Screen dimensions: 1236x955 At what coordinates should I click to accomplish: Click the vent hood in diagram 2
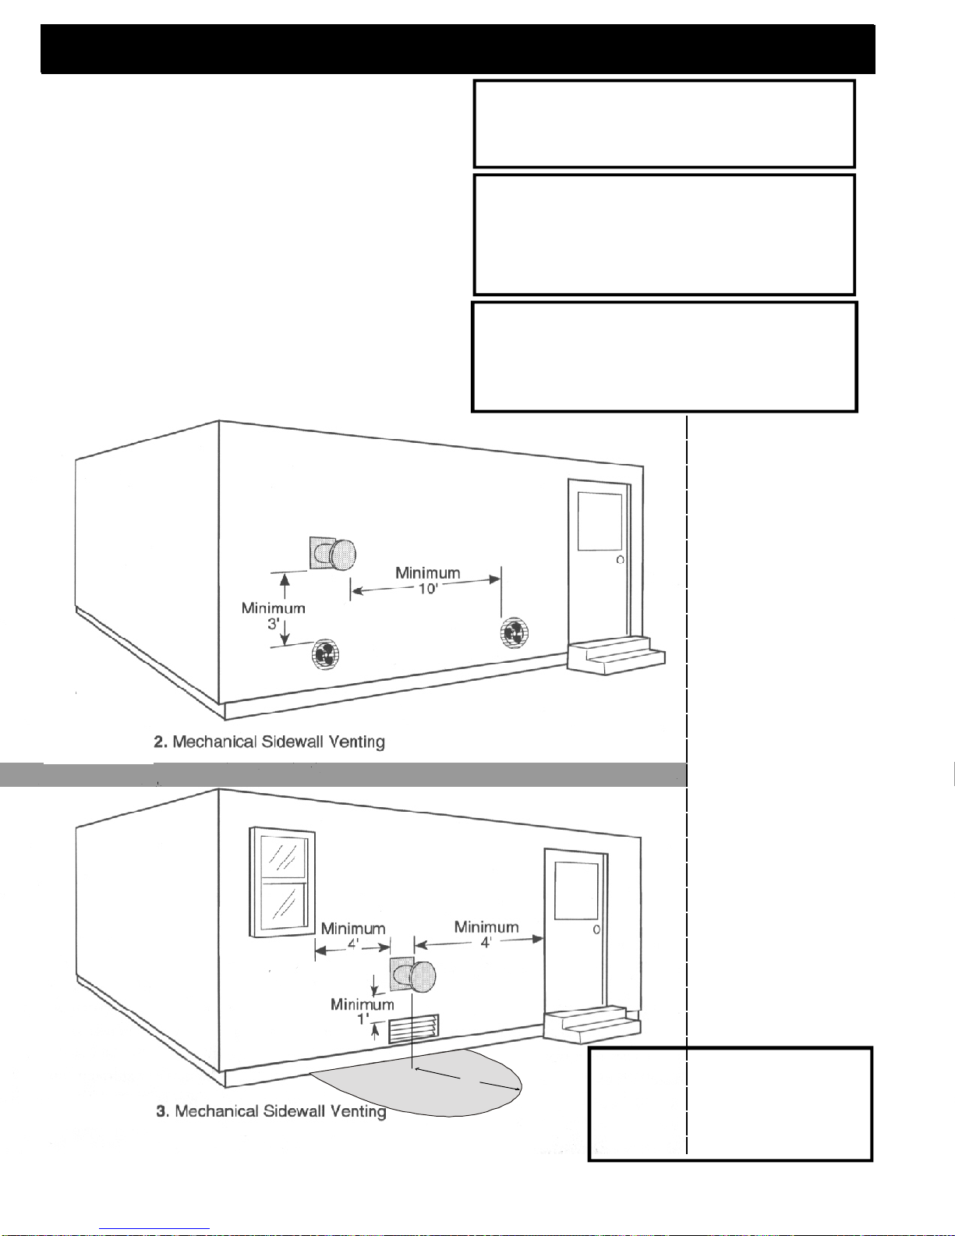click(x=335, y=554)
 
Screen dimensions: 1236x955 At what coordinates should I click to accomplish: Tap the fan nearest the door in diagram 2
click(x=514, y=632)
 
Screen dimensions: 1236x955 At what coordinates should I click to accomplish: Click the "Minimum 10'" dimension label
click(x=427, y=580)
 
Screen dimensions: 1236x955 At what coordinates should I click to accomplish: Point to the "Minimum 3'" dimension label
click(x=273, y=615)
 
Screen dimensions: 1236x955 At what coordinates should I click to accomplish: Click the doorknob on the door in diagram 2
click(x=620, y=560)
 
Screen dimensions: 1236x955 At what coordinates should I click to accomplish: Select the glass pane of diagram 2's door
click(x=599, y=522)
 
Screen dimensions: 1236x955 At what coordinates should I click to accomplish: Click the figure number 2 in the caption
click(x=158, y=742)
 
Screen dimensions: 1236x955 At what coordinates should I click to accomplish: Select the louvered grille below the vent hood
click(x=414, y=1029)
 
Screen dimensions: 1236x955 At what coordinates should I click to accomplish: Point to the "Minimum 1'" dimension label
click(x=362, y=1011)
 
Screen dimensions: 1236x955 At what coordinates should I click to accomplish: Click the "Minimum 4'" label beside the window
click(x=352, y=935)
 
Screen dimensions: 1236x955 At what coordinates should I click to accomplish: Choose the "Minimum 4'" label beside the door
click(x=486, y=933)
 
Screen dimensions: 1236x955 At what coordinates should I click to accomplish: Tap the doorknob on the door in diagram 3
click(x=596, y=930)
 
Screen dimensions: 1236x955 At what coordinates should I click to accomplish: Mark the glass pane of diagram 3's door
click(x=576, y=891)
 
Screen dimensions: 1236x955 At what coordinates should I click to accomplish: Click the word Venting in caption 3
click(x=355, y=1110)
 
